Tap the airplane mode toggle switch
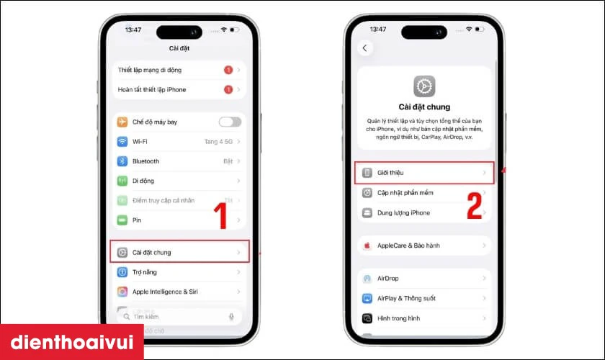pyautogui.click(x=230, y=122)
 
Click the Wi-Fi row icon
pyautogui.click(x=122, y=141)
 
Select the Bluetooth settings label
pyautogui.click(x=146, y=161)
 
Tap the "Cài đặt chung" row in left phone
pyautogui.click(x=179, y=252)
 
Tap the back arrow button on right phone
pyautogui.click(x=365, y=48)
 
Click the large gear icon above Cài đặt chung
pyautogui.click(x=424, y=86)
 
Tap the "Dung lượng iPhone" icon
pyautogui.click(x=367, y=213)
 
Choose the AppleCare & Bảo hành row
pyautogui.click(x=424, y=246)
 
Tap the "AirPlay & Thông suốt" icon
pyautogui.click(x=367, y=298)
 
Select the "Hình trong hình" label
pyautogui.click(x=398, y=318)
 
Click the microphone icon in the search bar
pyautogui.click(x=231, y=317)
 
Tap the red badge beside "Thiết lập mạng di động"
pyautogui.click(x=228, y=70)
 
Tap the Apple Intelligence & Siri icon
pyautogui.click(x=122, y=292)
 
